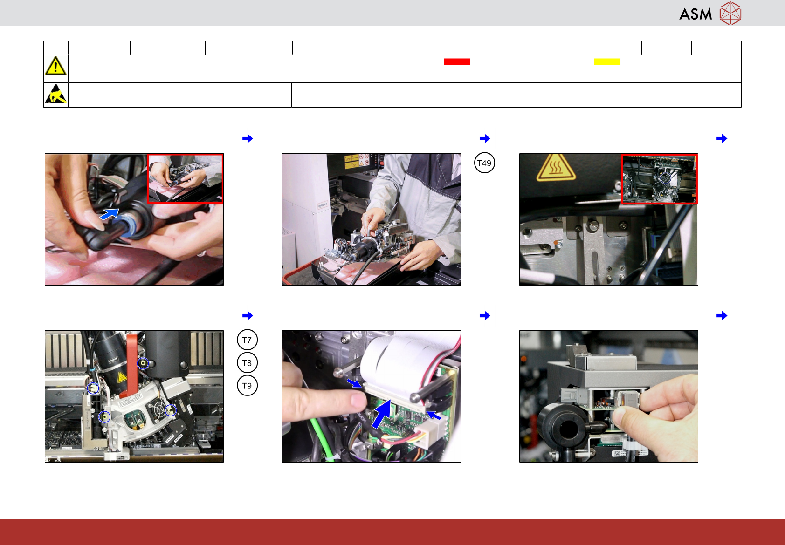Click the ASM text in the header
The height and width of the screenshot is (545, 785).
coord(695,14)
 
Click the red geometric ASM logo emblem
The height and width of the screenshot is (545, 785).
coord(730,14)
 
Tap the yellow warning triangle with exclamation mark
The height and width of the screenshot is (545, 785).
coord(55,66)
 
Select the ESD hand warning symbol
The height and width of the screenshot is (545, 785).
coord(55,94)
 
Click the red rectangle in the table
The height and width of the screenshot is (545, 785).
coord(457,61)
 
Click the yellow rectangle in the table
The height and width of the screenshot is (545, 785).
coord(607,61)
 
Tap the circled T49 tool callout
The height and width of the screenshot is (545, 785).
coord(484,163)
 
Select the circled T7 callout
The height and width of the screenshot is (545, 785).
coord(247,340)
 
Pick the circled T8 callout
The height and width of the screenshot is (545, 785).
coord(247,362)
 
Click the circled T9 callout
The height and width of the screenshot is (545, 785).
coord(247,385)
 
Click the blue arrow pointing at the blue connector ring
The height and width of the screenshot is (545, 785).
coord(110,214)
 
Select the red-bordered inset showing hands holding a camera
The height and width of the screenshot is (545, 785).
coord(185,178)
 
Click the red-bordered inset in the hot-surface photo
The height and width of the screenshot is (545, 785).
coord(659,178)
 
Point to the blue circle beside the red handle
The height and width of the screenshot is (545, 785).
coord(143,364)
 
